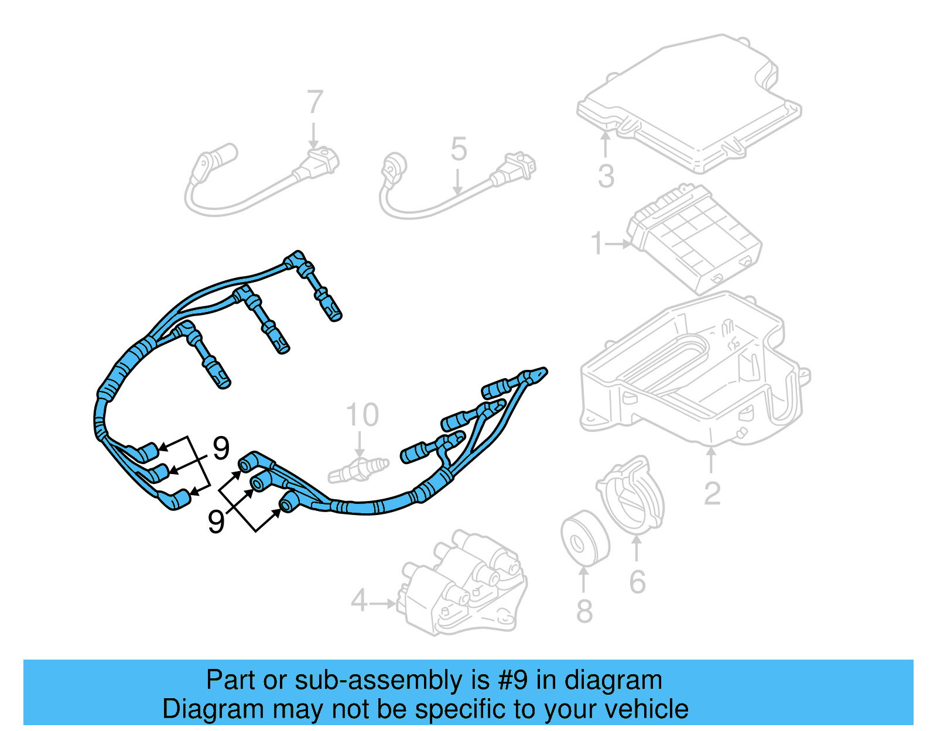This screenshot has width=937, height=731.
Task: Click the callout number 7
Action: coord(314,102)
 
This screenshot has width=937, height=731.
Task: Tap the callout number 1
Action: coord(597,243)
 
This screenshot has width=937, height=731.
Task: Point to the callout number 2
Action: coord(712,493)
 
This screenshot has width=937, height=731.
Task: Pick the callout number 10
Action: coord(363,415)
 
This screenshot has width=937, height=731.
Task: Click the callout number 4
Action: coord(359,601)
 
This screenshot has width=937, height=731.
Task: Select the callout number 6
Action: coord(637,582)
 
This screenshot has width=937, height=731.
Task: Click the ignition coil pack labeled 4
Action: coord(463,585)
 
